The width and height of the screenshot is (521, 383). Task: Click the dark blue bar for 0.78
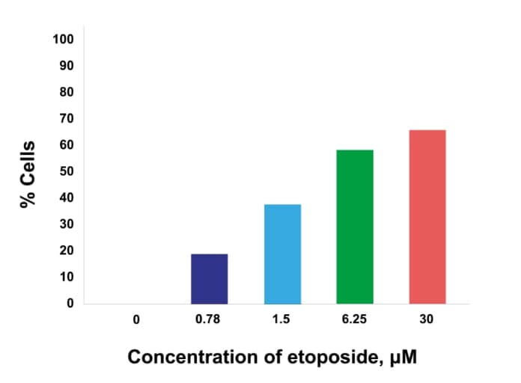click(209, 279)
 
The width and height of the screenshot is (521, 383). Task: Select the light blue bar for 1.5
click(282, 254)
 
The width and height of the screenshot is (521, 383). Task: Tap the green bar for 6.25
click(355, 227)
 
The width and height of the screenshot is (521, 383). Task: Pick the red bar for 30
click(427, 217)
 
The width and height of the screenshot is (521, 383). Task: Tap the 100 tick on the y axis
click(64, 39)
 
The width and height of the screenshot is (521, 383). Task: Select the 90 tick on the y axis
click(67, 66)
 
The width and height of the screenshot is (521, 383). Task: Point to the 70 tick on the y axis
click(67, 118)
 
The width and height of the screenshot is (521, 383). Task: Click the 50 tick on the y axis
click(67, 171)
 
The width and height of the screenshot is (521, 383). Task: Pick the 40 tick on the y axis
click(67, 197)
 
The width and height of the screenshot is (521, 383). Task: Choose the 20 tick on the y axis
click(67, 251)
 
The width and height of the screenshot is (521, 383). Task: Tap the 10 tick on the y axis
click(67, 277)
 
